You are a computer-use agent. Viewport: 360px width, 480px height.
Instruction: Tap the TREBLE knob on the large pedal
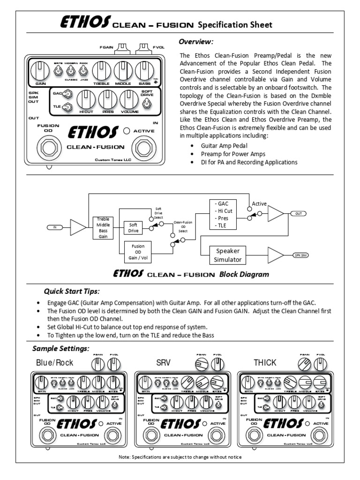tap(101, 71)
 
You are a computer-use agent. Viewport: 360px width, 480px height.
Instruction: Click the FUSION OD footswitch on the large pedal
tap(48, 149)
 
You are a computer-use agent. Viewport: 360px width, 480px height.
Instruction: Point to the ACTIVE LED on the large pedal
tap(126, 131)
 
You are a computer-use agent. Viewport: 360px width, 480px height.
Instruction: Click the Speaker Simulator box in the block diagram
tap(228, 255)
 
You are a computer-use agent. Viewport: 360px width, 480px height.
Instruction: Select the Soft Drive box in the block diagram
tap(133, 227)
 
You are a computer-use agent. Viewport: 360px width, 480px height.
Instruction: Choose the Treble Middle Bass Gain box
tap(103, 227)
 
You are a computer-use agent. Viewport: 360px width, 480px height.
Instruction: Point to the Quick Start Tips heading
tap(72, 291)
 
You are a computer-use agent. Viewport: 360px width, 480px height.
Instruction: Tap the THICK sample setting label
tap(265, 362)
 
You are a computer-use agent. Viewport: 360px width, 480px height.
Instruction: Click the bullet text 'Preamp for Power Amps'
tap(232, 154)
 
